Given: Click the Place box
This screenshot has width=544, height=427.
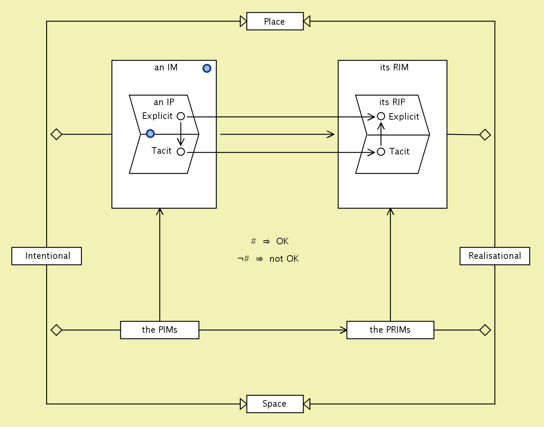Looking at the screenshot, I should [x=275, y=21].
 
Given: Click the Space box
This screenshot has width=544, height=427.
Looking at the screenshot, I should [x=275, y=404].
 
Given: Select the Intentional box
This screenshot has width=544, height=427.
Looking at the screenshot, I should [x=46, y=256].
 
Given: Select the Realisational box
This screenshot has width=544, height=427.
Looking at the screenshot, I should [x=495, y=256].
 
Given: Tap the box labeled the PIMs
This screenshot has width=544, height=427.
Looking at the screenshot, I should [x=160, y=330].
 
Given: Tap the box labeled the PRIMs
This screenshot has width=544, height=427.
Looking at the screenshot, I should [x=390, y=330].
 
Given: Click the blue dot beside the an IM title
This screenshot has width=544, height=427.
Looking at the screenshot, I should [x=207, y=68].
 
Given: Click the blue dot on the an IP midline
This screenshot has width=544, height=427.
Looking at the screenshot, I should [x=150, y=134].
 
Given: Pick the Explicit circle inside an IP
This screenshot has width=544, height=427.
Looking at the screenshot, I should [x=181, y=116].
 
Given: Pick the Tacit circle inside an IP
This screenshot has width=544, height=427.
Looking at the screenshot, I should [x=181, y=152].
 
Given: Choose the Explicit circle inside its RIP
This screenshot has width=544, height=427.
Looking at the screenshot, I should [x=381, y=116].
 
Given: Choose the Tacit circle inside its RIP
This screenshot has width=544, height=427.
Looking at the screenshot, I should [x=381, y=152].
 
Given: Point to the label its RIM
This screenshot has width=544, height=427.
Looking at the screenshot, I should [x=394, y=67].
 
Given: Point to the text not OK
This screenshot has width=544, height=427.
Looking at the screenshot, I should [x=284, y=259].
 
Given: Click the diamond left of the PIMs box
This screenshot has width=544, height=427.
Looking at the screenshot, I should [x=56, y=330].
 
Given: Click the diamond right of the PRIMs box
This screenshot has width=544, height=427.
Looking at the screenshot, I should [x=485, y=330].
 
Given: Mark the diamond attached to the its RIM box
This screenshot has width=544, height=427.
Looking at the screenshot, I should [x=485, y=135].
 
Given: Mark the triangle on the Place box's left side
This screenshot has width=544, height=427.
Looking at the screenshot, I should [x=243, y=21].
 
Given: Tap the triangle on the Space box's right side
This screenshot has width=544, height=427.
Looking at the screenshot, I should [x=307, y=404].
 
